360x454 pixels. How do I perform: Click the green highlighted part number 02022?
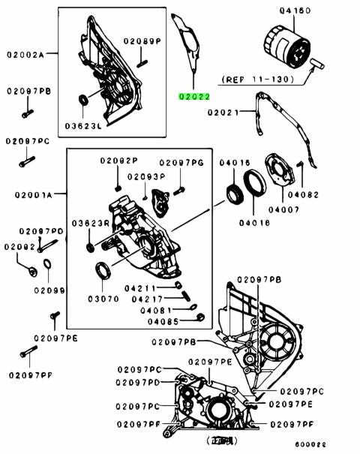click(x=193, y=96)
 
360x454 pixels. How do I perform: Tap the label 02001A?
click(x=33, y=195)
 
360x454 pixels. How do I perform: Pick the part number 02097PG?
click(x=181, y=162)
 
